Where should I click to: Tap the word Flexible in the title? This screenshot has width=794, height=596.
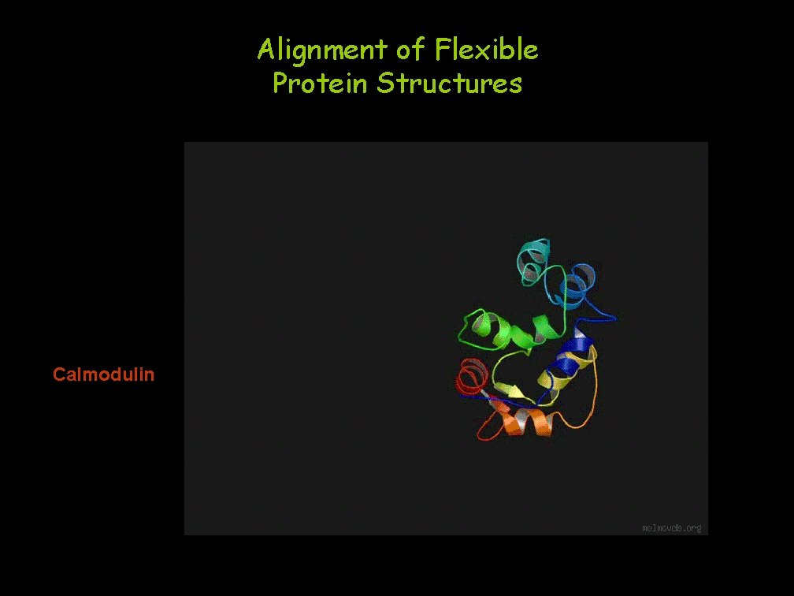click(486, 50)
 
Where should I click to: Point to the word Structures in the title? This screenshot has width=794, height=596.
click(449, 83)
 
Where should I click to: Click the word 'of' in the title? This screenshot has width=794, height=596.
click(410, 50)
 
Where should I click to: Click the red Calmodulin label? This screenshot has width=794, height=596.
click(103, 374)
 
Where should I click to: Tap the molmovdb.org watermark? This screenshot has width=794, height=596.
click(671, 527)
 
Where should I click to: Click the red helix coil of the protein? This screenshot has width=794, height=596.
click(472, 374)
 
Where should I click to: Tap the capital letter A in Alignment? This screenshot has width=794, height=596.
click(265, 50)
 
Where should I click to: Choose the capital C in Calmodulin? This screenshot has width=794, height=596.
click(58, 374)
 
